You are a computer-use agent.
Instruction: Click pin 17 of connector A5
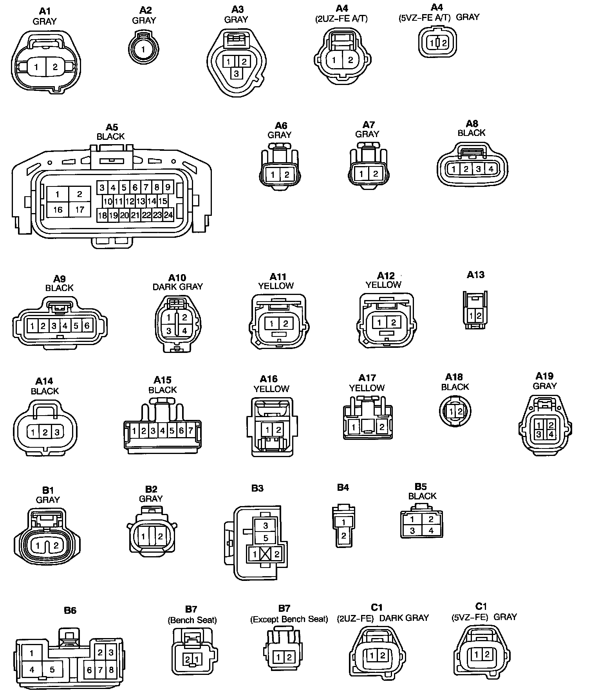[x=79, y=210]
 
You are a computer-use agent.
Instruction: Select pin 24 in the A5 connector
[x=168, y=215]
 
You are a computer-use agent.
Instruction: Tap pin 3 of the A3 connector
[x=236, y=73]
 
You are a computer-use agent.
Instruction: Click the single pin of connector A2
[x=143, y=49]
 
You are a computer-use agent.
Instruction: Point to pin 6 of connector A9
[x=87, y=325]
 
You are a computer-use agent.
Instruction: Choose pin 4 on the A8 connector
[x=491, y=169]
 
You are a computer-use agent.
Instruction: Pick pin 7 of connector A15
[x=191, y=431]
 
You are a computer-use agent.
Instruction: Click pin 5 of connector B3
[x=266, y=538]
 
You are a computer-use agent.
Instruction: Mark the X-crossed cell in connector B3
[x=266, y=554]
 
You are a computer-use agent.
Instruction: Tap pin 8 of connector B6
[x=111, y=669]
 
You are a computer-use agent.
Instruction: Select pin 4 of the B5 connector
[x=431, y=531]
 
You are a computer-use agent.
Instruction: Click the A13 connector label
[x=475, y=275]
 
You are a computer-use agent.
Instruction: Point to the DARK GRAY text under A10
[x=177, y=287]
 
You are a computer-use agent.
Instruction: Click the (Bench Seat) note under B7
[x=192, y=620]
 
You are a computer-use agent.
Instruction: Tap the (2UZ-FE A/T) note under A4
[x=341, y=19]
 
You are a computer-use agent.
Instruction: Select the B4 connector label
[x=343, y=487]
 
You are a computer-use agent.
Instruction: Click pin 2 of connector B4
[x=343, y=535]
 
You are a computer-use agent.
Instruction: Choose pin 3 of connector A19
[x=539, y=434]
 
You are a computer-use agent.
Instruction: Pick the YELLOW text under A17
[x=367, y=388]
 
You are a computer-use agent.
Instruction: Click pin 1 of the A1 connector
[x=36, y=67]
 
